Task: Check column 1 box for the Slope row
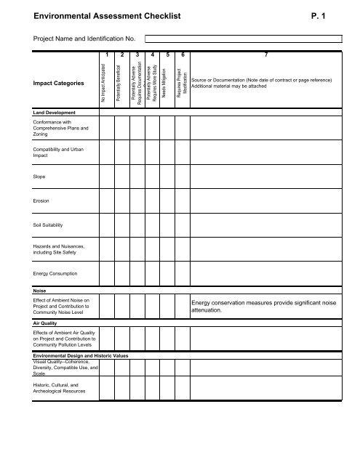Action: [x=106, y=176]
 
